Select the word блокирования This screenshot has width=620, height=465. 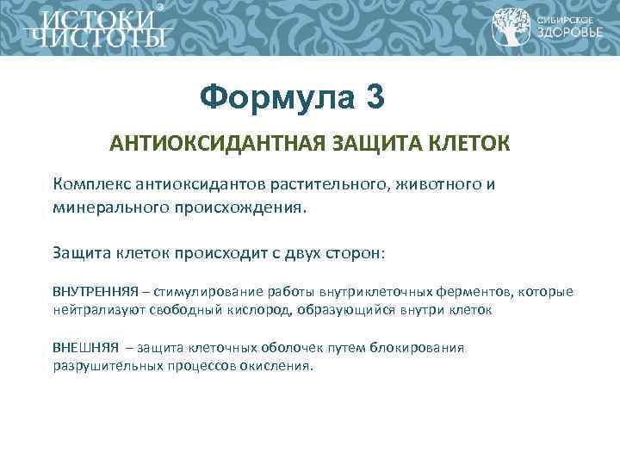[x=417, y=349]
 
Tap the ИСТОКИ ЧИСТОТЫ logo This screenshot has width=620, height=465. [x=95, y=28]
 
